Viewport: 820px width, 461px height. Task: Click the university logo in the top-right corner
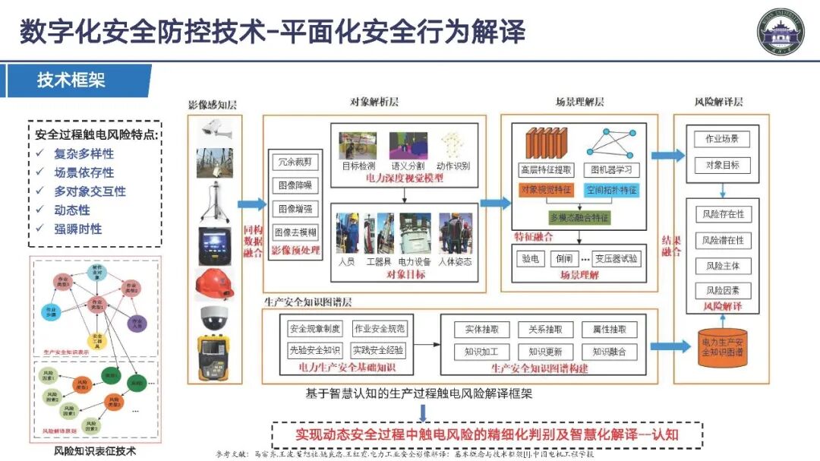[780, 31]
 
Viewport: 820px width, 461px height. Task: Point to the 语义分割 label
[405, 165]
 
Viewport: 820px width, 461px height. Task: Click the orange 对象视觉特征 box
[546, 190]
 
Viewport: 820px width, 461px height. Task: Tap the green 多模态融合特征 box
[579, 217]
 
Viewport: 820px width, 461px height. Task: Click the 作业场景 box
[722, 140]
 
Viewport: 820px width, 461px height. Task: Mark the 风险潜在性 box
[724, 240]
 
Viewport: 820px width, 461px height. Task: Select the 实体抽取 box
[481, 330]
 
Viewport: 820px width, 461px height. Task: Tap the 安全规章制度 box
[315, 329]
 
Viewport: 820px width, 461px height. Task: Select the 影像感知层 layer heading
[213, 104]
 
